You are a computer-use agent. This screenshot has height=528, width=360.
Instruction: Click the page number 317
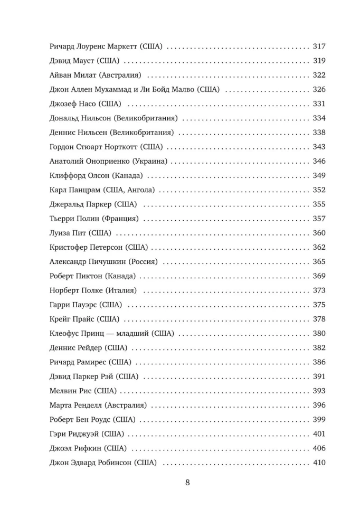point(319,46)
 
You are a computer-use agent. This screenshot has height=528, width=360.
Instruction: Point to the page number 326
point(319,89)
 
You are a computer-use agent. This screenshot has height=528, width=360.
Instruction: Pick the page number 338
point(319,133)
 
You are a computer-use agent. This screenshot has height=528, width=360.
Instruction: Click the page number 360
point(319,233)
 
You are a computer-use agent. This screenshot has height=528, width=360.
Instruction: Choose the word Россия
point(145,261)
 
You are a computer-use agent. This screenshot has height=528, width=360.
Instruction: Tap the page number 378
point(319,319)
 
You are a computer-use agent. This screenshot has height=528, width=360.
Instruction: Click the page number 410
point(319,463)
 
